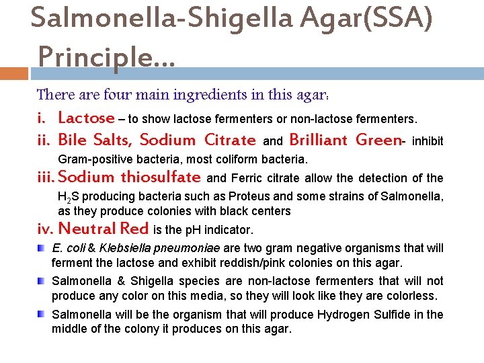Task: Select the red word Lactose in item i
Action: point(87,118)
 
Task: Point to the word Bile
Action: point(72,140)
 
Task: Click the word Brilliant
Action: point(319,140)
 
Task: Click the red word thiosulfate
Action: point(161,177)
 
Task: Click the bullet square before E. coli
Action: point(42,248)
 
